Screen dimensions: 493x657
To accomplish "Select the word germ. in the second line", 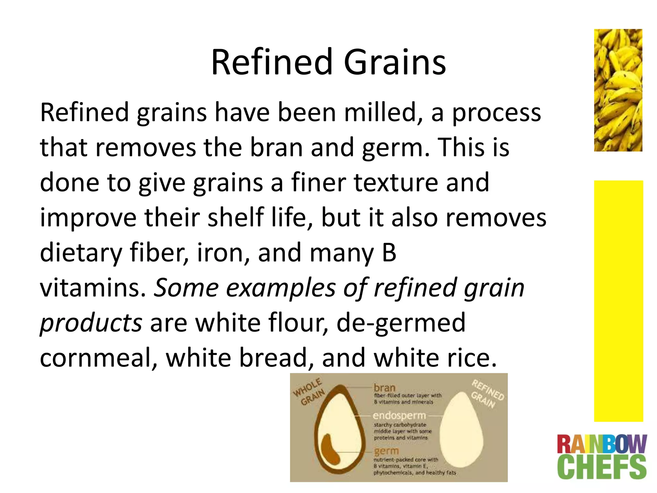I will click(x=396, y=148).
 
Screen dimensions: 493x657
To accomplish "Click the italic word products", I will click(x=91, y=323).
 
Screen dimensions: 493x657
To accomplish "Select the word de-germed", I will click(x=401, y=323).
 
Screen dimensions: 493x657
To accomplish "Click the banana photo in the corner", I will click(x=618, y=90).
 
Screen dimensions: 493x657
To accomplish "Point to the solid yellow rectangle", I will click(x=618, y=301).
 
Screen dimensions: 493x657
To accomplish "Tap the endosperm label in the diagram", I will click(x=399, y=415).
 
